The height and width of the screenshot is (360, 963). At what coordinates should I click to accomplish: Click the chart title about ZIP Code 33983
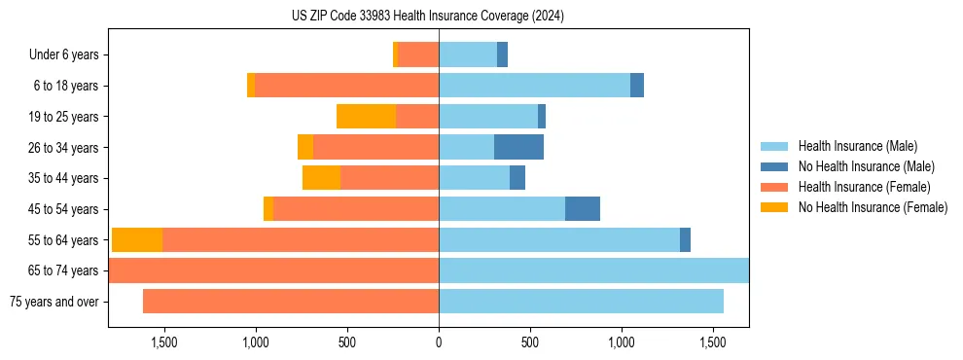(428, 16)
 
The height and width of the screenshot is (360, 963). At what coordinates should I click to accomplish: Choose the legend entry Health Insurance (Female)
(857, 187)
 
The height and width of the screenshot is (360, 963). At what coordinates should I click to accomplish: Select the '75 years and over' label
(54, 302)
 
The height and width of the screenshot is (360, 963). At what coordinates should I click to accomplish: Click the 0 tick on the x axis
(439, 342)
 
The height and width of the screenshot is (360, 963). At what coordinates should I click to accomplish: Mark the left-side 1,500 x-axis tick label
(163, 342)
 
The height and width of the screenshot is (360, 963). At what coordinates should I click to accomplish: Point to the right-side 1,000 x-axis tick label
(622, 342)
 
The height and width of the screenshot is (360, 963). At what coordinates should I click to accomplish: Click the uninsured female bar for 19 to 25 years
(366, 117)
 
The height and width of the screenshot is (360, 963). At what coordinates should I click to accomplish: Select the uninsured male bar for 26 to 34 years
(518, 147)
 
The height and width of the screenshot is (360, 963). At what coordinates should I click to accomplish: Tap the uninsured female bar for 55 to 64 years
(137, 240)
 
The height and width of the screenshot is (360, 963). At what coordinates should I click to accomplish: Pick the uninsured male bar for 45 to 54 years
(583, 209)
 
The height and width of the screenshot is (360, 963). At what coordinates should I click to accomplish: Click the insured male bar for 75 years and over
(581, 302)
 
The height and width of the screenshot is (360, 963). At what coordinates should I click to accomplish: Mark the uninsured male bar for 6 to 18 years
(637, 86)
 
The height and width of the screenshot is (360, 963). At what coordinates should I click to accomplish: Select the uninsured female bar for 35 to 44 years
(321, 178)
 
